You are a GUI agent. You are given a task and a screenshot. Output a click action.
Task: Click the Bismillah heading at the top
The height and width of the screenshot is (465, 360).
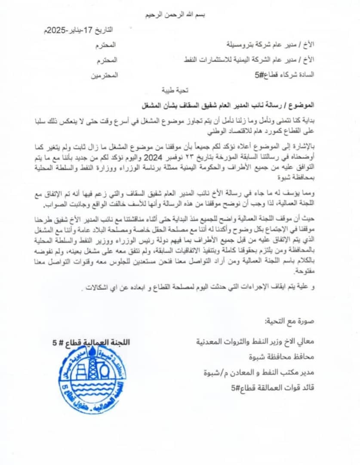coord(180,15)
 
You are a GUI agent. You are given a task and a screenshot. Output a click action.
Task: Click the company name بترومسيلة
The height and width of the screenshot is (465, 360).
coord(242,44)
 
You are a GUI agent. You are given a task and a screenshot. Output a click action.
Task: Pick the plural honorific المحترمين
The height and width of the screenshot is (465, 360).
coord(105,75)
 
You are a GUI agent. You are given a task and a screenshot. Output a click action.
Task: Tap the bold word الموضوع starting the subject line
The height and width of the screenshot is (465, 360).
coord(302,105)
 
